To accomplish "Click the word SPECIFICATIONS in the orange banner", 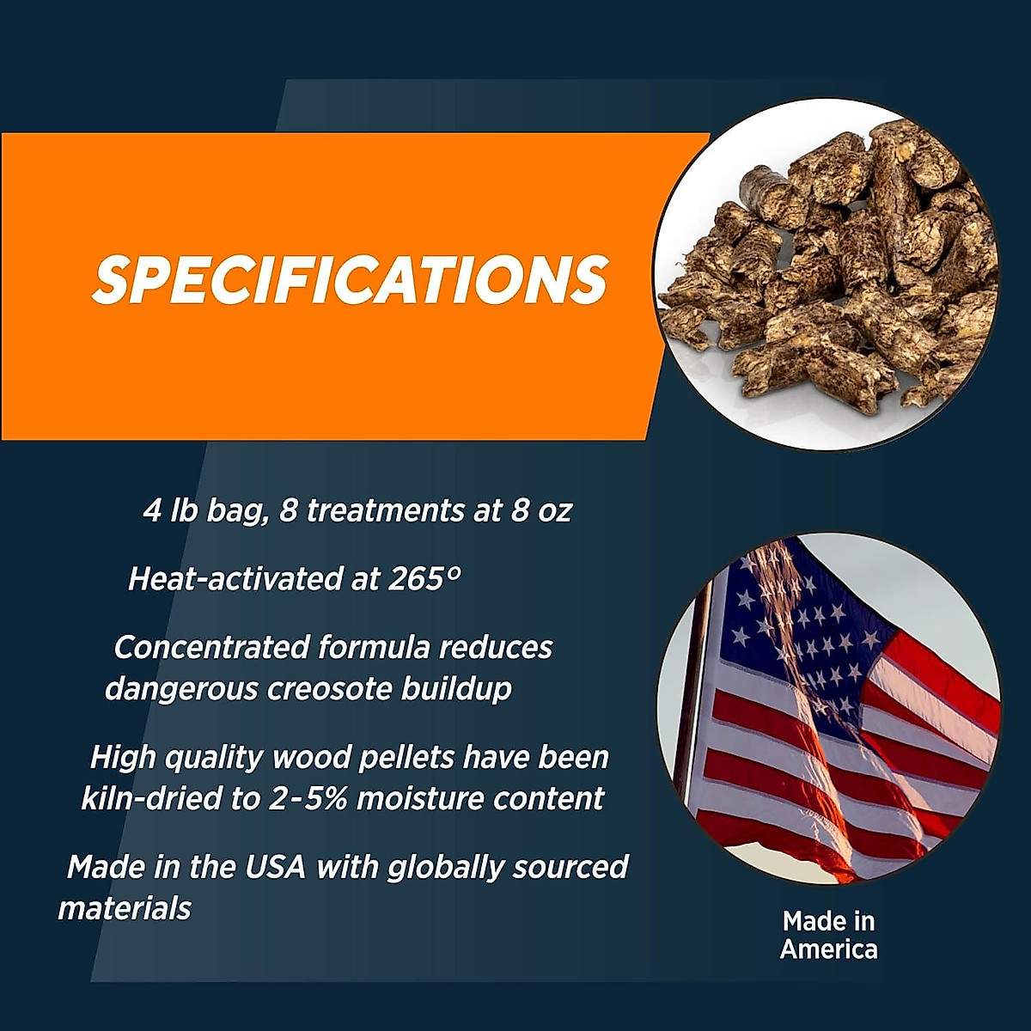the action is point(351,278).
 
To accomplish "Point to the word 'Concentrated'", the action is point(211,647).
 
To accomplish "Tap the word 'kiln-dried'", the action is point(151,798).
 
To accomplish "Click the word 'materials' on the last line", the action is point(125,907).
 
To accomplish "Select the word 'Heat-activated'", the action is point(234,578).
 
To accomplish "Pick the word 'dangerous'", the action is point(181,690).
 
